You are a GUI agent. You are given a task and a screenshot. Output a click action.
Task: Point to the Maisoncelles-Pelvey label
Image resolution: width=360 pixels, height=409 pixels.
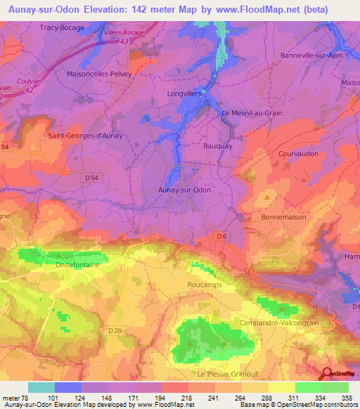coord(99,73)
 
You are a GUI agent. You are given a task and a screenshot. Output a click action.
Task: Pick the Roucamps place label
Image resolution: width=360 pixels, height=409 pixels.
coord(205,285)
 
